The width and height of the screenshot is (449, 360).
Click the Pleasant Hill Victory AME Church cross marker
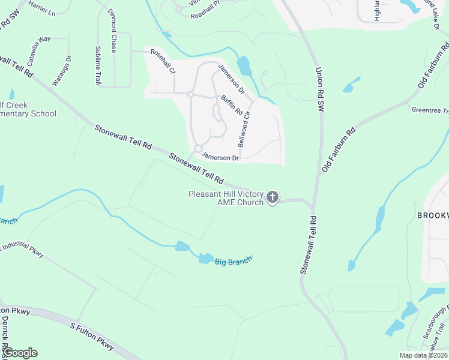point(273,197)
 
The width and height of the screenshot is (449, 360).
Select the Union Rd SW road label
point(320,89)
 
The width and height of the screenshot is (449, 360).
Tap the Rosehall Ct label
point(163,62)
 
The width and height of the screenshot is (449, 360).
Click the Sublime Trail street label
point(98,65)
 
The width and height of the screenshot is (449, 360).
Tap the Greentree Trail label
point(430,110)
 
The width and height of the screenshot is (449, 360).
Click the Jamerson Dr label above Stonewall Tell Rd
point(220,158)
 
